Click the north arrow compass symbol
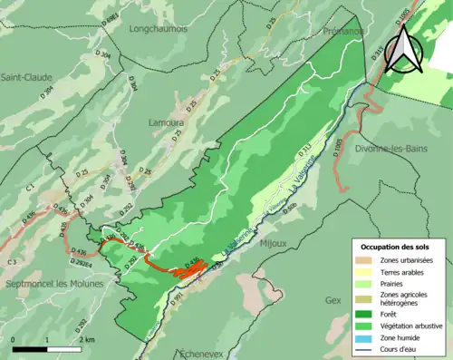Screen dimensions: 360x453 tap(404, 49)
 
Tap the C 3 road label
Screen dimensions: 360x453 tap(11, 262)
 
